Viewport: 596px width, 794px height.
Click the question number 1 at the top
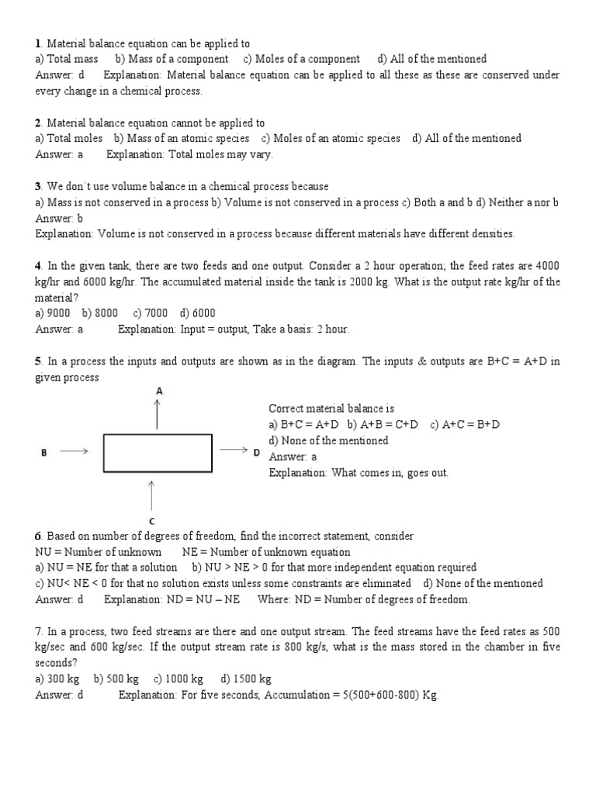coord(37,43)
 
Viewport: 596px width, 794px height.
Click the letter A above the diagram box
coord(158,392)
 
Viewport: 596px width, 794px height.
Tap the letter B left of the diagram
coord(43,453)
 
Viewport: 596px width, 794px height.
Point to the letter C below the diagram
coord(151,521)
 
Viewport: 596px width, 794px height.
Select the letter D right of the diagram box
coord(256,452)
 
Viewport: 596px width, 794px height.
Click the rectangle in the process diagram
coord(158,453)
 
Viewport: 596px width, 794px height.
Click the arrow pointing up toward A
coord(158,415)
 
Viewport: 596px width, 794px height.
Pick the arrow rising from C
coord(151,495)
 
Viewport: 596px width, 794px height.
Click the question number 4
coord(38,266)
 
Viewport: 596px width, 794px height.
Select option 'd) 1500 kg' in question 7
coord(246,679)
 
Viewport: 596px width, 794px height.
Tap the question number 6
coord(38,537)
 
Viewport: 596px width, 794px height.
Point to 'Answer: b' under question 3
coord(59,218)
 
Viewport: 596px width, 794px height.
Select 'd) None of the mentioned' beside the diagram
coord(328,440)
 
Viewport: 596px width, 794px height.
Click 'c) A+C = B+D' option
coord(465,424)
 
